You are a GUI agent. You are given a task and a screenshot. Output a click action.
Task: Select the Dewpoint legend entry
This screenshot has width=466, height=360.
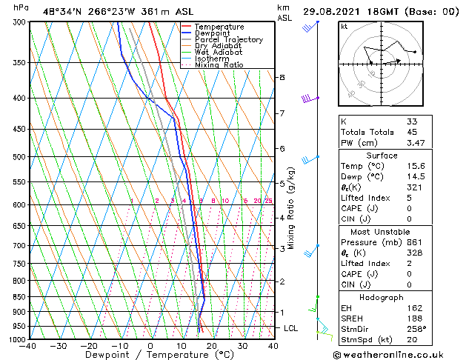[x=214, y=33]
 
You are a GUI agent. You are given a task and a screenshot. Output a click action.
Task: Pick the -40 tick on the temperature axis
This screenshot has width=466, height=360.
[x=28, y=346]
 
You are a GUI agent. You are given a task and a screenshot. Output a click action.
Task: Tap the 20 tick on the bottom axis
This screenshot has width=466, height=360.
[x=211, y=346]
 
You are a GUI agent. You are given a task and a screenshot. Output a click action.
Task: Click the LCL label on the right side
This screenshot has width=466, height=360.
[x=292, y=328]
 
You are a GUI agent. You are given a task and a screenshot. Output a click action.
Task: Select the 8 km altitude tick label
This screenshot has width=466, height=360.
[x=282, y=77]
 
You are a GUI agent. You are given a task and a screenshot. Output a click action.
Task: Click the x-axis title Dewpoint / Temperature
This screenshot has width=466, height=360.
[x=150, y=355]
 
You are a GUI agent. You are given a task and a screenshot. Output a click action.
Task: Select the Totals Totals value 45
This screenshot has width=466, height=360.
[x=412, y=131]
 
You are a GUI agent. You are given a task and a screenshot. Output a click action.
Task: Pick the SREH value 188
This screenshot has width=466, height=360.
[x=414, y=319]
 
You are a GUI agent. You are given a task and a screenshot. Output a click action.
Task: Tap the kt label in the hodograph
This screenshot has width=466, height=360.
[x=344, y=26]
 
